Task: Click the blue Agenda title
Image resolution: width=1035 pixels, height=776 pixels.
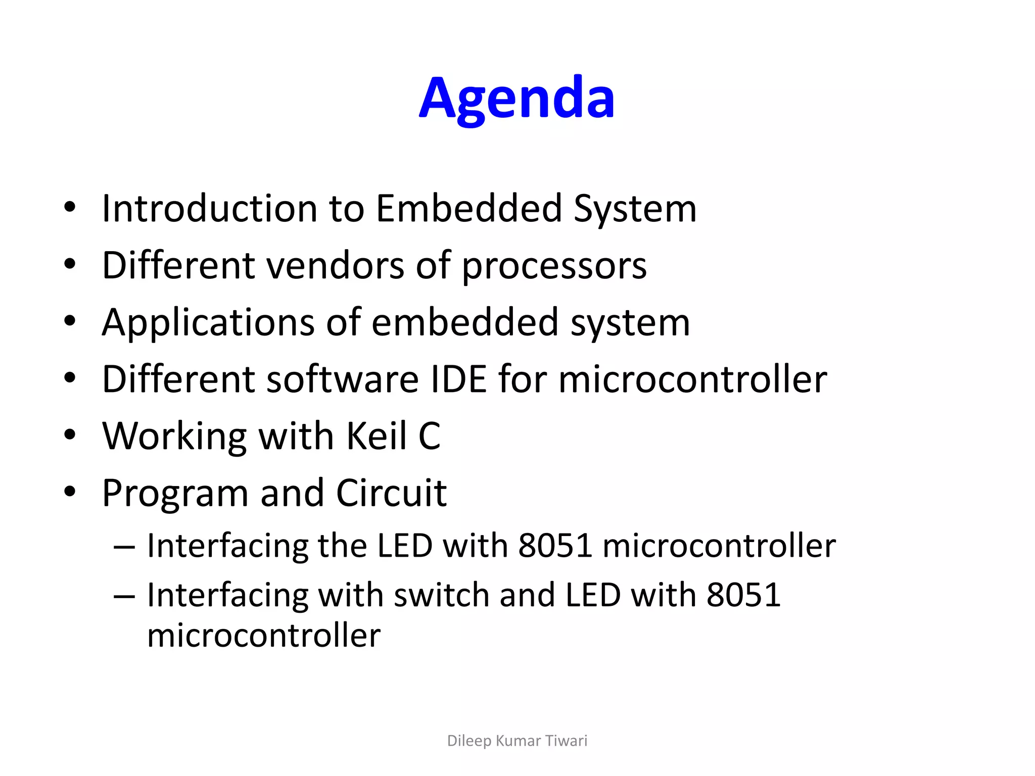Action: [x=516, y=99]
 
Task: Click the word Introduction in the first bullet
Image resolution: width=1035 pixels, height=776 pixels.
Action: [x=209, y=208]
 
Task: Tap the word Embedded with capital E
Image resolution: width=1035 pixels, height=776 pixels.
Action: [x=468, y=208]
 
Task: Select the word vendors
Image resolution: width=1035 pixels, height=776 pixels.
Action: [x=335, y=265]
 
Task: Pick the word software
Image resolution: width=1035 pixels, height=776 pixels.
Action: [x=342, y=379]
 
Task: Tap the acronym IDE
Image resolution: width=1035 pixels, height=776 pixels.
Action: [x=458, y=379]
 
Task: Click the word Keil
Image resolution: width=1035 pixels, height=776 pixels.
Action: [x=377, y=436]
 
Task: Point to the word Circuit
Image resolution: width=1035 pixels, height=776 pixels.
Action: [x=391, y=493]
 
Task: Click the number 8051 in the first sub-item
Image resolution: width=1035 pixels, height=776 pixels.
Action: [x=555, y=546]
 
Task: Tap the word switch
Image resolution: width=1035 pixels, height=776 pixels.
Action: [x=441, y=595]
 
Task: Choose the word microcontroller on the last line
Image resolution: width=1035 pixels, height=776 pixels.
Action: [x=264, y=635]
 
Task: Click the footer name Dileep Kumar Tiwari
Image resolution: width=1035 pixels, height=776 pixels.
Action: [x=517, y=741]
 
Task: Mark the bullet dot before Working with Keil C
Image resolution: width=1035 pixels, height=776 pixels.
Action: [x=70, y=435]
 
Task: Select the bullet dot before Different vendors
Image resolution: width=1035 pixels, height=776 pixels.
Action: [x=70, y=265]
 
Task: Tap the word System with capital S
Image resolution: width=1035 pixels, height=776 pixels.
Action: [x=635, y=209]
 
